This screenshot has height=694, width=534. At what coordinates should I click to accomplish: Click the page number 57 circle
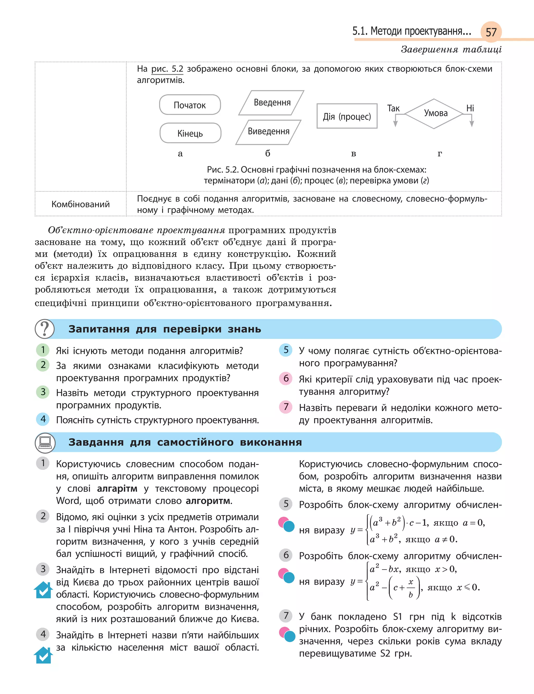491,32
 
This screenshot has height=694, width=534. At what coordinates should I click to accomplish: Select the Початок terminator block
190,105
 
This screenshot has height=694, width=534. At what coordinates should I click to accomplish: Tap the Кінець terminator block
190,133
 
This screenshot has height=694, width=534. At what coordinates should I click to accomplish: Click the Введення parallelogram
272,103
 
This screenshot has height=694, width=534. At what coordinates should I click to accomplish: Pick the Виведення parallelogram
268,132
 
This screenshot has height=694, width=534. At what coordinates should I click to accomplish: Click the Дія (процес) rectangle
347,116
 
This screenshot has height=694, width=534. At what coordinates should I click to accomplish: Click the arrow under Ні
472,121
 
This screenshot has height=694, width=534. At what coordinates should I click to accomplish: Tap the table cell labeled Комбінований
80,204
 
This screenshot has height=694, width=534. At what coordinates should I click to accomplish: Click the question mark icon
45,329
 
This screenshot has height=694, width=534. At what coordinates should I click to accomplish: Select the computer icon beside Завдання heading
45,442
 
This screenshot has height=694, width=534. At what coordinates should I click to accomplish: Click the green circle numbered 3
43,392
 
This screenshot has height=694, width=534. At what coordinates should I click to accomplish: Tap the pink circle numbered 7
286,407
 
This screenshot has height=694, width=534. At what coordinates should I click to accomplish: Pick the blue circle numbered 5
286,350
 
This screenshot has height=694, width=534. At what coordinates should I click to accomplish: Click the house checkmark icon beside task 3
43,590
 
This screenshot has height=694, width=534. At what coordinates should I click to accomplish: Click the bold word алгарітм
117,488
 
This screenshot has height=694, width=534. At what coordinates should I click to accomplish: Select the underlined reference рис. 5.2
167,69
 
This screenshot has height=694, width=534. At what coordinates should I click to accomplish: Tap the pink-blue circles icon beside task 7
287,634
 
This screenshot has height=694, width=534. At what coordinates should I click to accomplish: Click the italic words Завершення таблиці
451,50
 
